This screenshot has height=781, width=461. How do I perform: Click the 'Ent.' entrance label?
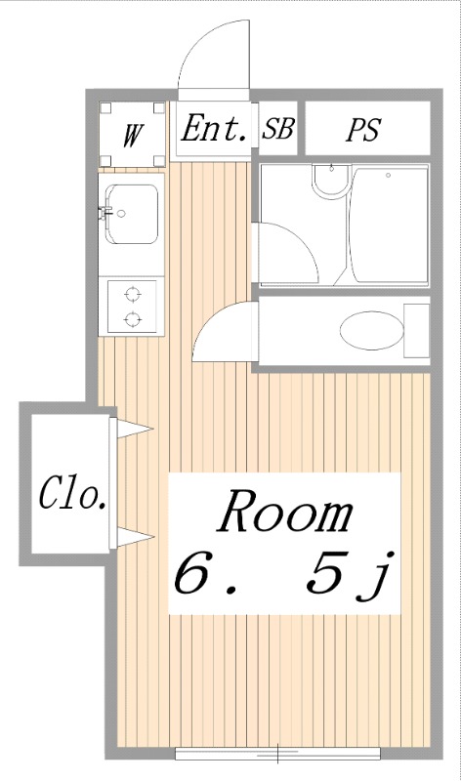[x=215, y=130]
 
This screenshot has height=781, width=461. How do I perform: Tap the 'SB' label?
[x=277, y=131]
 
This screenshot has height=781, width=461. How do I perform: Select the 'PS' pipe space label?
[x=363, y=131]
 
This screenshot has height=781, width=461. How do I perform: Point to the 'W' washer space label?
[x=133, y=134]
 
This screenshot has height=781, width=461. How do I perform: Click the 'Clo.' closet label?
[x=71, y=496]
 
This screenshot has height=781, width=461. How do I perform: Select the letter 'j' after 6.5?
[x=377, y=579]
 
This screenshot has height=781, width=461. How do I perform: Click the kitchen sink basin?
[x=132, y=214]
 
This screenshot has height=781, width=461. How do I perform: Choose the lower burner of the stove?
[x=132, y=317]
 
